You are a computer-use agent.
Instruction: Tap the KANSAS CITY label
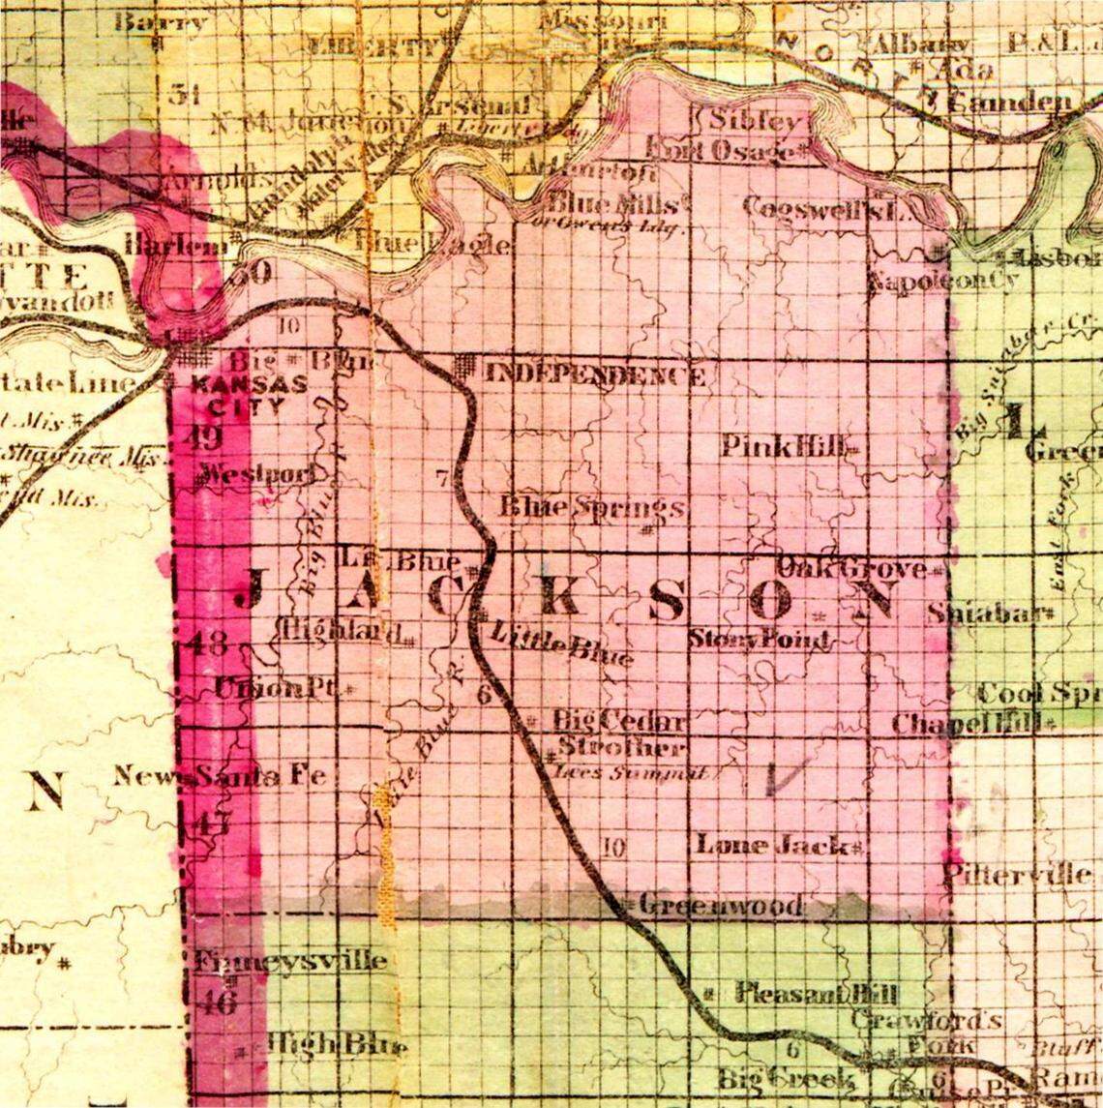(x=251, y=394)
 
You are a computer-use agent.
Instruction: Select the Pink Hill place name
(x=786, y=447)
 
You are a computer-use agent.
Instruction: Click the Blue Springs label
(x=592, y=506)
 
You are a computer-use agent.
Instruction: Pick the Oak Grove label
(x=851, y=568)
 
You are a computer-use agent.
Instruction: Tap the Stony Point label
(x=760, y=640)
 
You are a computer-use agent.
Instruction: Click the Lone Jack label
(x=774, y=845)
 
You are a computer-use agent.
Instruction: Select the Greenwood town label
(x=720, y=907)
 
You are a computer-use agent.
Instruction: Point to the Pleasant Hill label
(x=818, y=994)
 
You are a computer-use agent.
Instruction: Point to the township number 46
(x=216, y=1003)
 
